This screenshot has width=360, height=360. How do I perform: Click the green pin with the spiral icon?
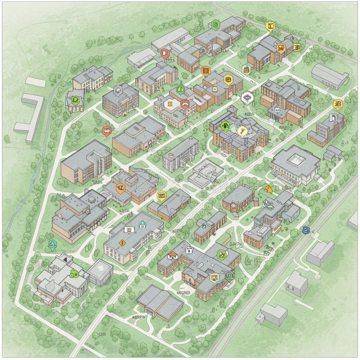[216, 25]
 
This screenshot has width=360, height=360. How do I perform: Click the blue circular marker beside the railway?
[306, 230]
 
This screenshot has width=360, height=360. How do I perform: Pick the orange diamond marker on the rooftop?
[121, 242]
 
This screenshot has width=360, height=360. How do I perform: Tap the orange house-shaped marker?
[172, 255]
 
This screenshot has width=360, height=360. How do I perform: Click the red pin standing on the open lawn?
[106, 131]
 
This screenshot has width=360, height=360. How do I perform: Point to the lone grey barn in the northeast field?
[330, 76]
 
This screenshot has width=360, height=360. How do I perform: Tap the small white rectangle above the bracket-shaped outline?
[36, 81]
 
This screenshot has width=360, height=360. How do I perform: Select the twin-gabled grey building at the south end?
[160, 302]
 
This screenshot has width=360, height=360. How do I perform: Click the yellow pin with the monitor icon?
[162, 195]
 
